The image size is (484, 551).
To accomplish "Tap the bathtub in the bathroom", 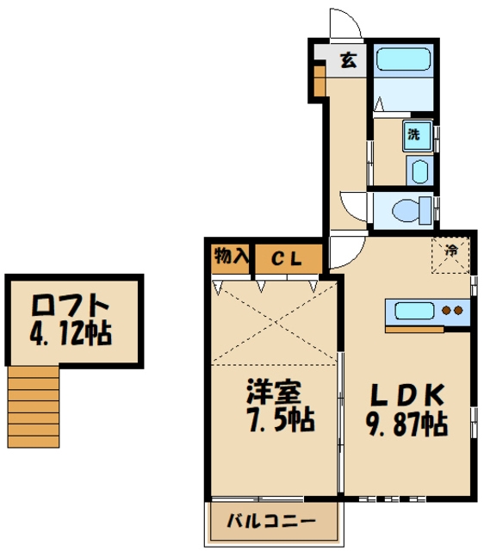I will point(404,59).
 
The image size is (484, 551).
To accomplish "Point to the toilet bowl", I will point(410,209).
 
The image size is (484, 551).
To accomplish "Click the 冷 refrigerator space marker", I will point(451,251).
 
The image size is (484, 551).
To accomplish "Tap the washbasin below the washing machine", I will point(418,170).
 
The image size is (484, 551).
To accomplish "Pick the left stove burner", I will point(446,310).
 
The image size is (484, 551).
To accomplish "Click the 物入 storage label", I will point(231,256).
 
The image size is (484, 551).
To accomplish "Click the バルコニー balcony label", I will point(271,521).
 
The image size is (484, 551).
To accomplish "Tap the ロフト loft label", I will point(71,306).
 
